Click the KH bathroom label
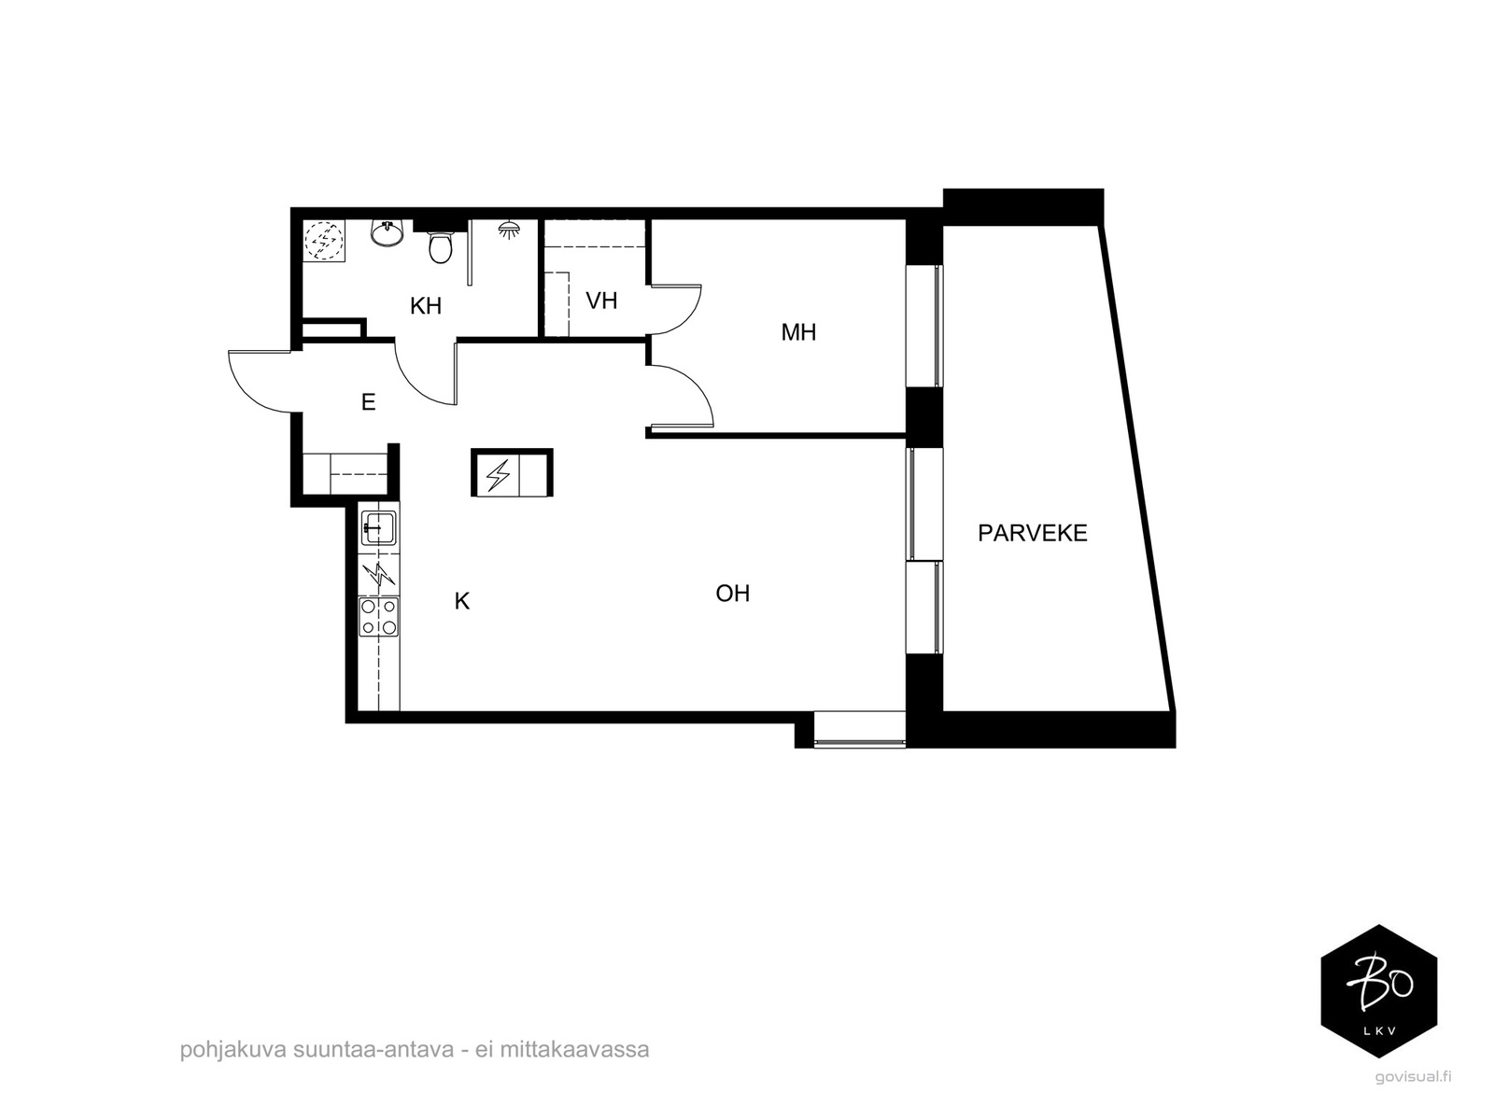pyautogui.click(x=426, y=306)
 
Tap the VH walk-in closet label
pyautogui.click(x=601, y=301)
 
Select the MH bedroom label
pyautogui.click(x=798, y=332)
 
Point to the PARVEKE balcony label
pyautogui.click(x=1032, y=533)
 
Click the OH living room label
pyautogui.click(x=732, y=594)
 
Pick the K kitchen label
pyautogui.click(x=462, y=601)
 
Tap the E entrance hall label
pyautogui.click(x=368, y=402)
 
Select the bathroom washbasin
pyautogui.click(x=388, y=233)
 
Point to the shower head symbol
pyautogui.click(x=508, y=230)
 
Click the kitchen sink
pyautogui.click(x=378, y=527)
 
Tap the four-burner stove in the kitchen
pyautogui.click(x=378, y=617)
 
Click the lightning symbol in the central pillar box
pyautogui.click(x=499, y=475)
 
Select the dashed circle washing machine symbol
pyautogui.click(x=324, y=240)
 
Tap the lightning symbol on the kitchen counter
pyautogui.click(x=378, y=575)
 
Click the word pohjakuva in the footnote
pyautogui.click(x=233, y=1049)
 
